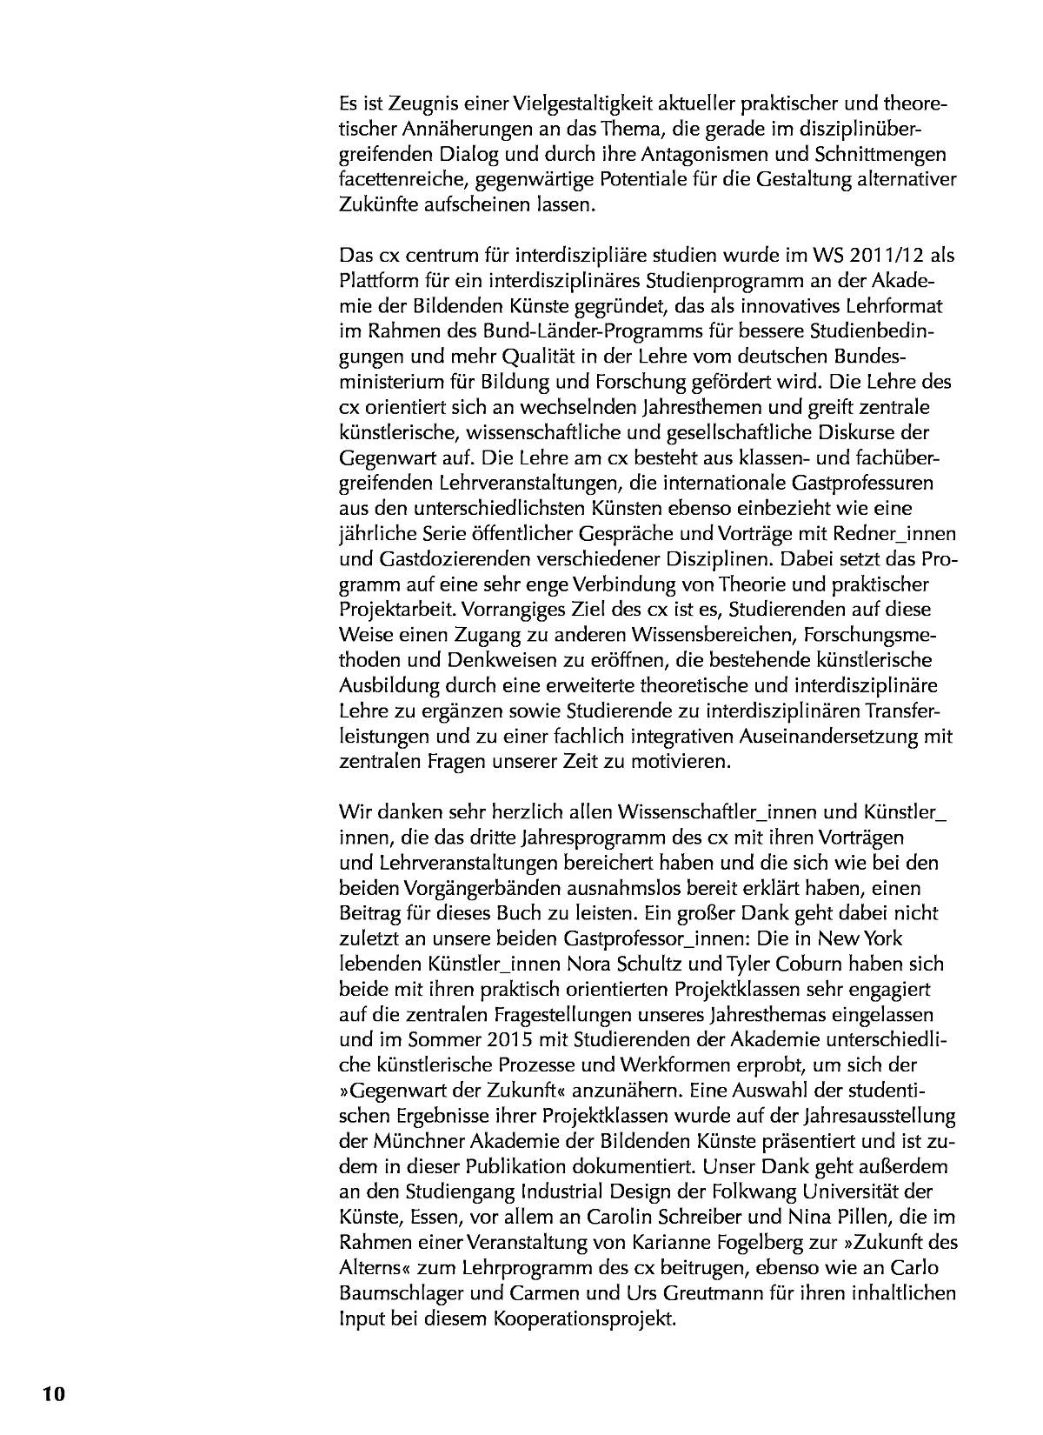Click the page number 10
(x=53, y=1393)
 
